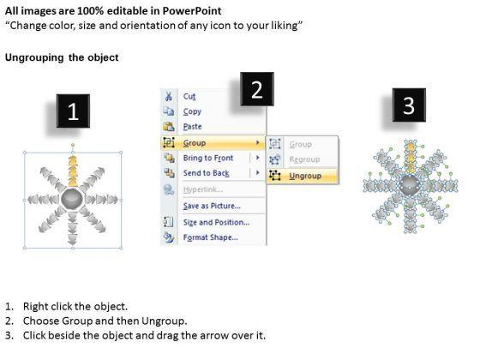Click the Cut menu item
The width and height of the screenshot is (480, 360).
[189, 96]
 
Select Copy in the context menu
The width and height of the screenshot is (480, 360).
[192, 111]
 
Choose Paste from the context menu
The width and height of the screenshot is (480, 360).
[192, 127]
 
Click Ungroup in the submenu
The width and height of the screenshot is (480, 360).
[305, 176]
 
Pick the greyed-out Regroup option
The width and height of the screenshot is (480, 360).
[304, 159]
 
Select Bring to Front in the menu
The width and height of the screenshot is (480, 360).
[208, 158]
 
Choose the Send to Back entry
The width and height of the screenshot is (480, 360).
[206, 173]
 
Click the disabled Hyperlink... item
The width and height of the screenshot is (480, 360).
[202, 189]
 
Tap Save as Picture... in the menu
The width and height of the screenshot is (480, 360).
[212, 206]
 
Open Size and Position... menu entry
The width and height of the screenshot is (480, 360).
[216, 222]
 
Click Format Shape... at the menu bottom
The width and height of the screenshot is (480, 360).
[210, 237]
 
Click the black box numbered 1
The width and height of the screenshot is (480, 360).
[73, 111]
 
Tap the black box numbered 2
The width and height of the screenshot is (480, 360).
[257, 89]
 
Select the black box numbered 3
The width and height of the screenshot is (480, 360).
[409, 105]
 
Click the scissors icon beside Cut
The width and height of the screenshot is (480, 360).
[168, 96]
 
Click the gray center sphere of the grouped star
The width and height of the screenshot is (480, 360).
[72, 199]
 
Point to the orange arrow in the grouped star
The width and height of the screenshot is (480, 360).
[73, 171]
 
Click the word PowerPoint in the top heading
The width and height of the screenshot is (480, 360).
[192, 11]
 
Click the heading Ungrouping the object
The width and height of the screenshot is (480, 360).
[62, 57]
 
